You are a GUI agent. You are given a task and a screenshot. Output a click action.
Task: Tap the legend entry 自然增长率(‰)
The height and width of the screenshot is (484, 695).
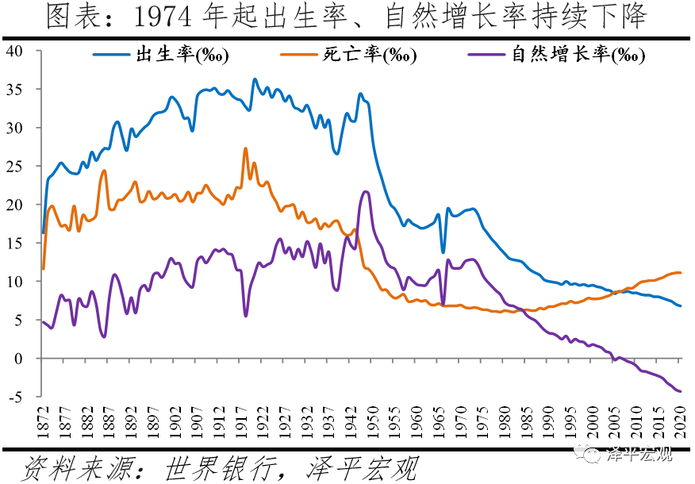point(578,55)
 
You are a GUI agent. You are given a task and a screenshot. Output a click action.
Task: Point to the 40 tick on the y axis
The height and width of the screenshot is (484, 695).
point(18,51)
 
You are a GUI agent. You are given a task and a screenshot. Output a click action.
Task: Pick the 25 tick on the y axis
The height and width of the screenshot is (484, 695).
point(18,167)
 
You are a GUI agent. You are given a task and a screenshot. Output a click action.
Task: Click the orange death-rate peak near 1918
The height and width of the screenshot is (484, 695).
point(245,148)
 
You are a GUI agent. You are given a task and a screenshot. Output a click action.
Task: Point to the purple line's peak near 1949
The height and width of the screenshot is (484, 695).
point(365,191)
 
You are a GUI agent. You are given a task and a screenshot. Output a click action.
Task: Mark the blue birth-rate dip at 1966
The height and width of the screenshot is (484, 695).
point(443,252)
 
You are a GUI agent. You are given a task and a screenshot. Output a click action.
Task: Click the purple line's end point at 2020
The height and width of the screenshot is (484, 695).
point(680,391)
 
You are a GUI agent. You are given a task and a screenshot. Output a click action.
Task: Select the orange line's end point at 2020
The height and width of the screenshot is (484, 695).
point(680,273)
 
